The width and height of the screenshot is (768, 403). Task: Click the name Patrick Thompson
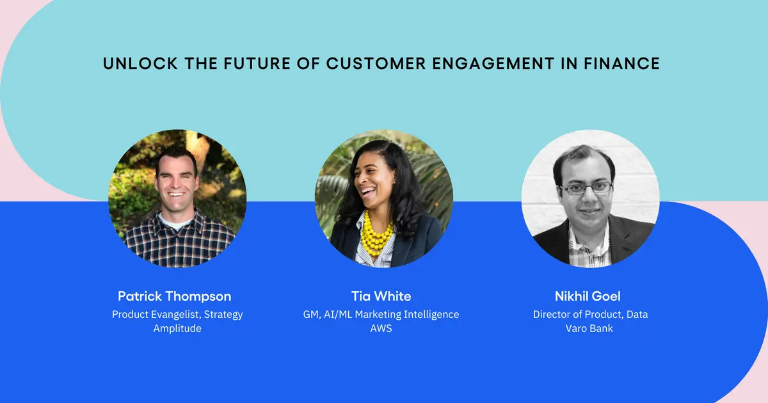[175, 296]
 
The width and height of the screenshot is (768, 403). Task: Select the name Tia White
[381, 296]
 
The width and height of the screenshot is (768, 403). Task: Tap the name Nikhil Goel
[588, 296]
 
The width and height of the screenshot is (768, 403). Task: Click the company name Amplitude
[177, 328]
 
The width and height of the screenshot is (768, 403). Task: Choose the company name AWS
[381, 328]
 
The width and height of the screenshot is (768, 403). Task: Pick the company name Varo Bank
[589, 328]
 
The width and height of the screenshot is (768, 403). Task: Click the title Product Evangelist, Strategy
[177, 314]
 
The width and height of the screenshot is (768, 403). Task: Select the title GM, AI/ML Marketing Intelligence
[381, 314]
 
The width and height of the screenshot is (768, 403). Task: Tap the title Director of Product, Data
[591, 314]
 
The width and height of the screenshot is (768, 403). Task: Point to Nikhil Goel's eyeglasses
[586, 189]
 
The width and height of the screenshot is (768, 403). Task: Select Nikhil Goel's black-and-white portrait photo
[590, 198]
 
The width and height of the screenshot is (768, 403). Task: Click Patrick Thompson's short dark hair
[175, 155]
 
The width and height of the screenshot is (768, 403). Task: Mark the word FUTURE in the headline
[244, 64]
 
